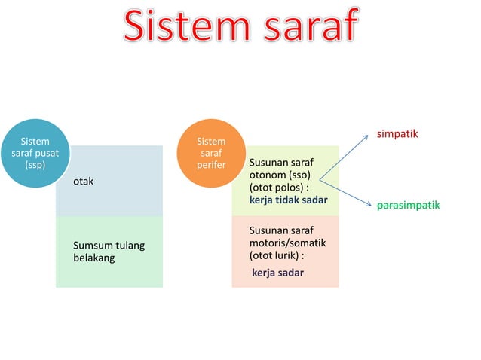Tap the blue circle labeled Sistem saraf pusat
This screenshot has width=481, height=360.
(35, 154)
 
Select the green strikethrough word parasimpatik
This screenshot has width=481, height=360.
(408, 205)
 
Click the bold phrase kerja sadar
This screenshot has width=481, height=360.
(277, 272)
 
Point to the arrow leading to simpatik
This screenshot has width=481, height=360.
(348, 156)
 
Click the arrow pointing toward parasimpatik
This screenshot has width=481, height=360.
(347, 192)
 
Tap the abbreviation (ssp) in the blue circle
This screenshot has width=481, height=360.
(35, 165)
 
